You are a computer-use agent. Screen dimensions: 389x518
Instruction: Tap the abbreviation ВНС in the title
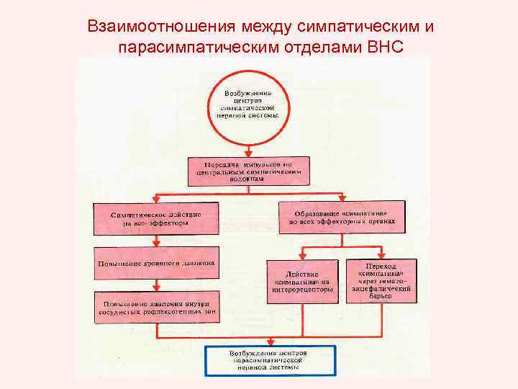(x=386, y=47)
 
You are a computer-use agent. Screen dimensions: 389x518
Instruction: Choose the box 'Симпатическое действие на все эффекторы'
(x=155, y=218)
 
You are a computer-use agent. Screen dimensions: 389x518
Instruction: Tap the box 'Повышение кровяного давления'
(x=155, y=261)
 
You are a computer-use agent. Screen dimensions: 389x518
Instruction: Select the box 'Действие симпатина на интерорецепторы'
(x=303, y=280)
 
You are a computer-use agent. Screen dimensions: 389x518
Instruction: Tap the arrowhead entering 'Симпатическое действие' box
(x=156, y=201)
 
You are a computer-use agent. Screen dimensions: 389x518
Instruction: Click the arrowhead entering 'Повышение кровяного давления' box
(x=156, y=245)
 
